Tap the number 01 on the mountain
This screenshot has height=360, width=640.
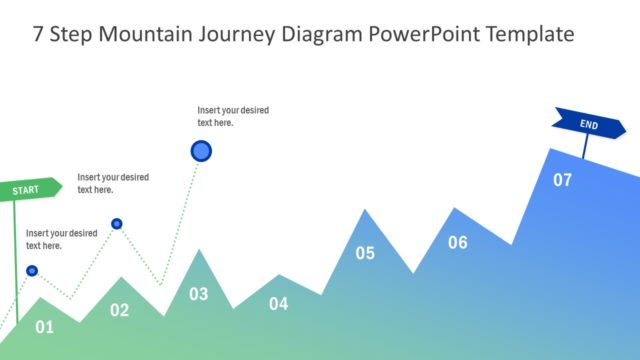(x=44, y=326)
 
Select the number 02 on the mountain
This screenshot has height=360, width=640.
(x=119, y=310)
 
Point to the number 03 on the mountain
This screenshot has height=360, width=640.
(x=199, y=294)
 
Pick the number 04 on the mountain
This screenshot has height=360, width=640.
(x=278, y=304)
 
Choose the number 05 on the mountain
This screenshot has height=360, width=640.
(x=365, y=253)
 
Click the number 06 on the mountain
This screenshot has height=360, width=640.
(x=457, y=242)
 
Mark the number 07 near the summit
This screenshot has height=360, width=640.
(x=563, y=180)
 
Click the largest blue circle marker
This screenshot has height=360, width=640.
(x=201, y=151)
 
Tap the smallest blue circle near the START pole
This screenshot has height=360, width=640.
(x=32, y=270)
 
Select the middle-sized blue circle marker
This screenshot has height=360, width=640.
(x=117, y=223)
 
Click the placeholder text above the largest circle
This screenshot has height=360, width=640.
(x=232, y=116)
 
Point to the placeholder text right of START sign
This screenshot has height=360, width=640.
(x=112, y=183)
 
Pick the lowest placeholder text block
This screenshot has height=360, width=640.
(x=61, y=239)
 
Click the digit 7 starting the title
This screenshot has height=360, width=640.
(x=38, y=34)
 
